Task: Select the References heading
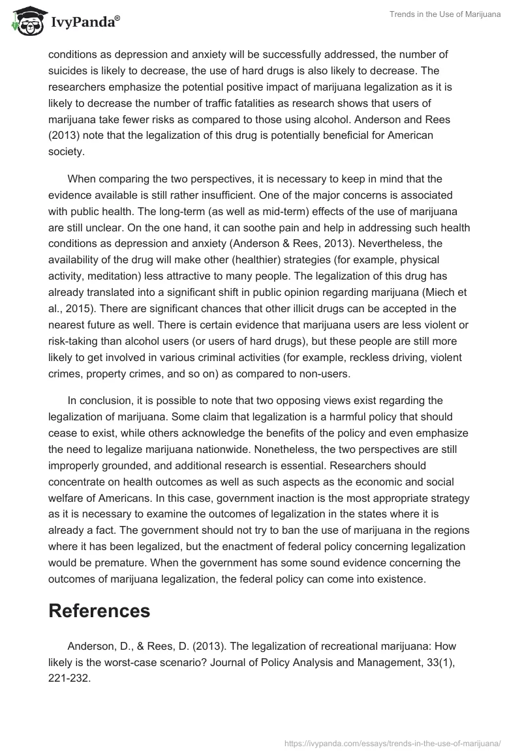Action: tap(99, 610)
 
